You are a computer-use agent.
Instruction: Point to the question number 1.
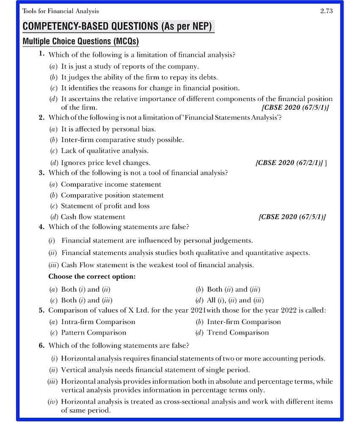click(x=42, y=54)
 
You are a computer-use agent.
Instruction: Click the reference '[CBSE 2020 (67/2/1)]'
click(x=290, y=162)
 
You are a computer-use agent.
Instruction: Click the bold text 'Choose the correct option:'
click(x=92, y=276)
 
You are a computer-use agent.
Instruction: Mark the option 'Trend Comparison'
click(x=238, y=332)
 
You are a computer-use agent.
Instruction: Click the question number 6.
click(x=42, y=346)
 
